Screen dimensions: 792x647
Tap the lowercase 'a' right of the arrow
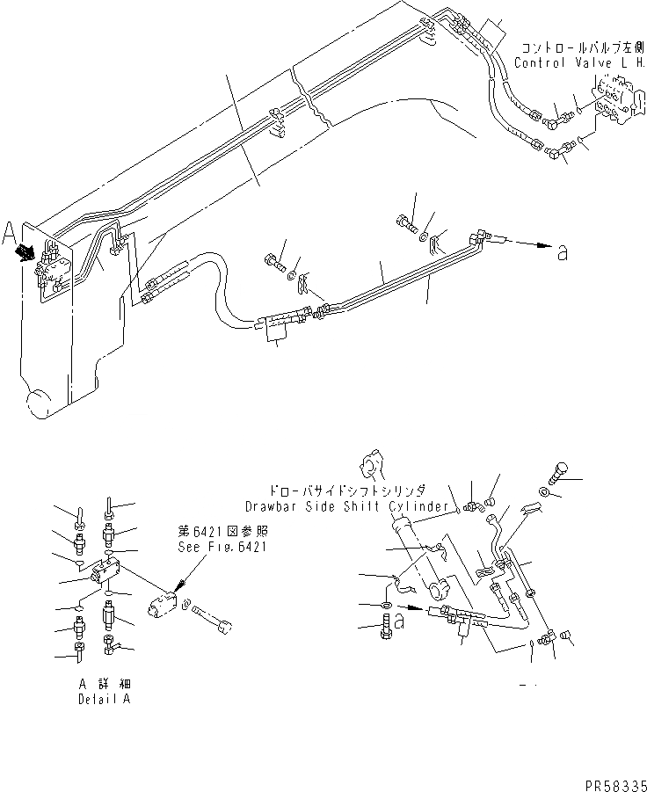pos(563,253)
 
